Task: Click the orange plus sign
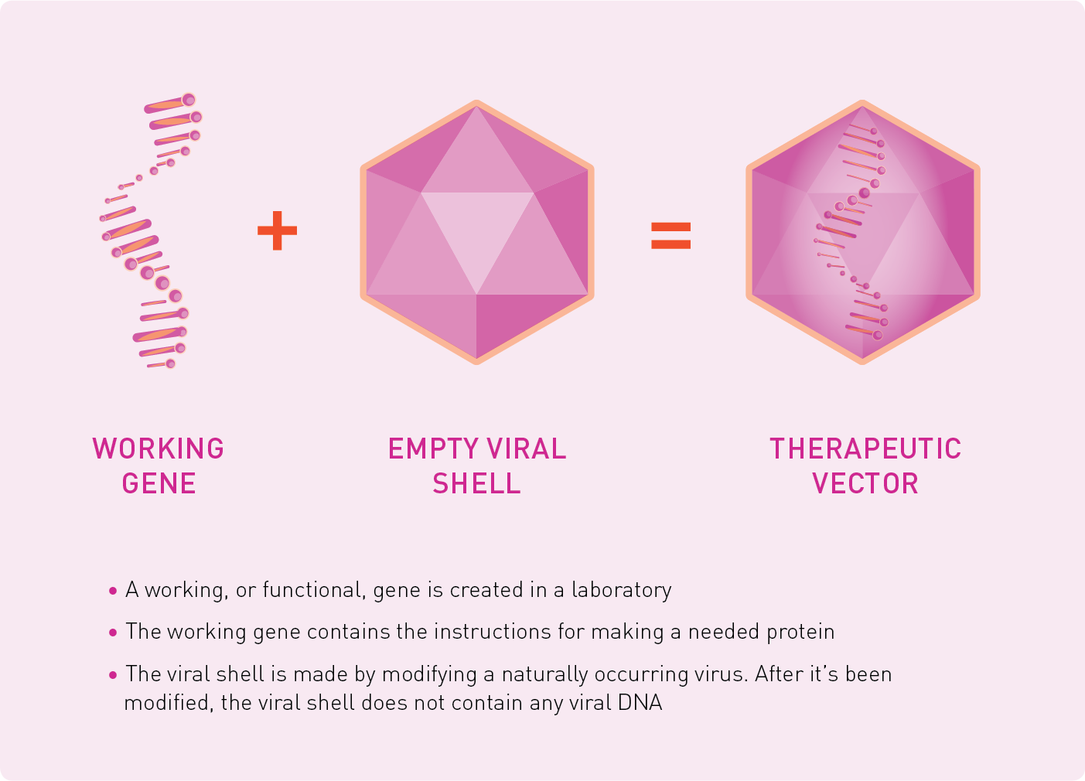pos(277,230)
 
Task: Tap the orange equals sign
pos(670,235)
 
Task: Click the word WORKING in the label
pos(158,448)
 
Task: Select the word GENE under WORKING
pos(159,483)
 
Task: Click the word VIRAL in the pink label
pos(527,448)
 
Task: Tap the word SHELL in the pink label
pos(476,483)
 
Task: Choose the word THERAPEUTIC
pos(865,448)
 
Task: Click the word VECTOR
pos(865,483)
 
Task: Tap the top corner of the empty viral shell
pos(476,101)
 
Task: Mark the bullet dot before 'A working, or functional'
pos(113,591)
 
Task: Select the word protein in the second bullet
pos(798,633)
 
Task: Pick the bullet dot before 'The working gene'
pos(113,633)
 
